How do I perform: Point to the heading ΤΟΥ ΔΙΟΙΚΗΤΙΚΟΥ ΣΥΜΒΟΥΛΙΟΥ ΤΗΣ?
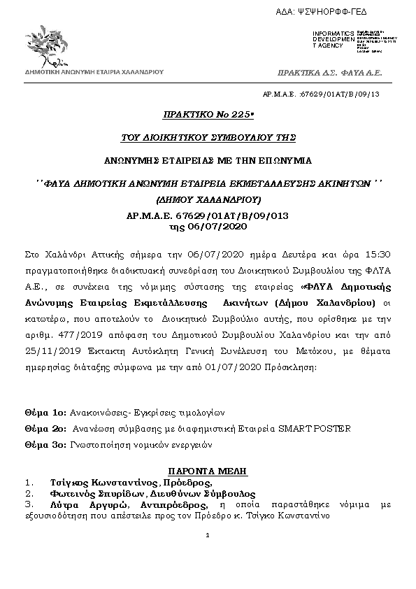coord(208,136)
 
